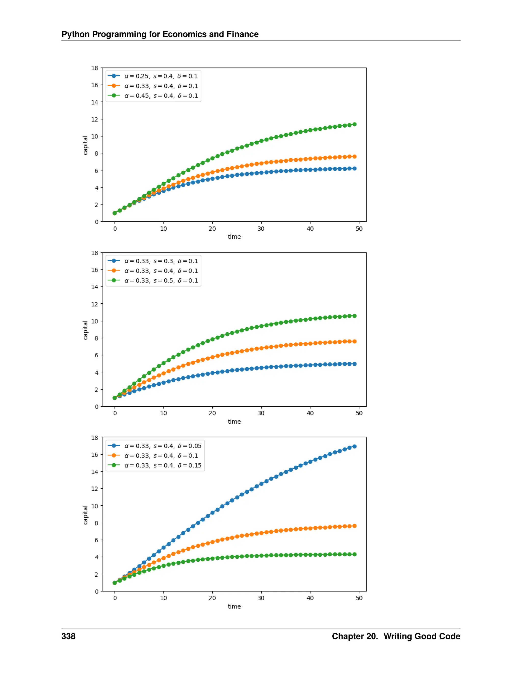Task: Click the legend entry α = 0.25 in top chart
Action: (161, 76)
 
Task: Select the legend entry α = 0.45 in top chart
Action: (161, 96)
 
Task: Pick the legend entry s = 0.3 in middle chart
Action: (161, 261)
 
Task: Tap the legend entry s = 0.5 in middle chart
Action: (161, 281)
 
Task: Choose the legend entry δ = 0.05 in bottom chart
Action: (163, 446)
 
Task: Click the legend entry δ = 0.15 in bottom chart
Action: (163, 465)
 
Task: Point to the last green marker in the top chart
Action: (354, 124)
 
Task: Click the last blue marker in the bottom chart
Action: (354, 446)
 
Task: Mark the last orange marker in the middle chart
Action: (354, 342)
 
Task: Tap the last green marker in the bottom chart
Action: (354, 555)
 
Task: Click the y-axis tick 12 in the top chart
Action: (95, 119)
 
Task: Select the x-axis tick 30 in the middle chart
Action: (261, 413)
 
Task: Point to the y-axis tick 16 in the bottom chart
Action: (95, 455)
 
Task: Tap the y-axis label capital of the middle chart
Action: (85, 330)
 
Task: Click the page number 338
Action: (68, 636)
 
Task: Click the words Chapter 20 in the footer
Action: (354, 636)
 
